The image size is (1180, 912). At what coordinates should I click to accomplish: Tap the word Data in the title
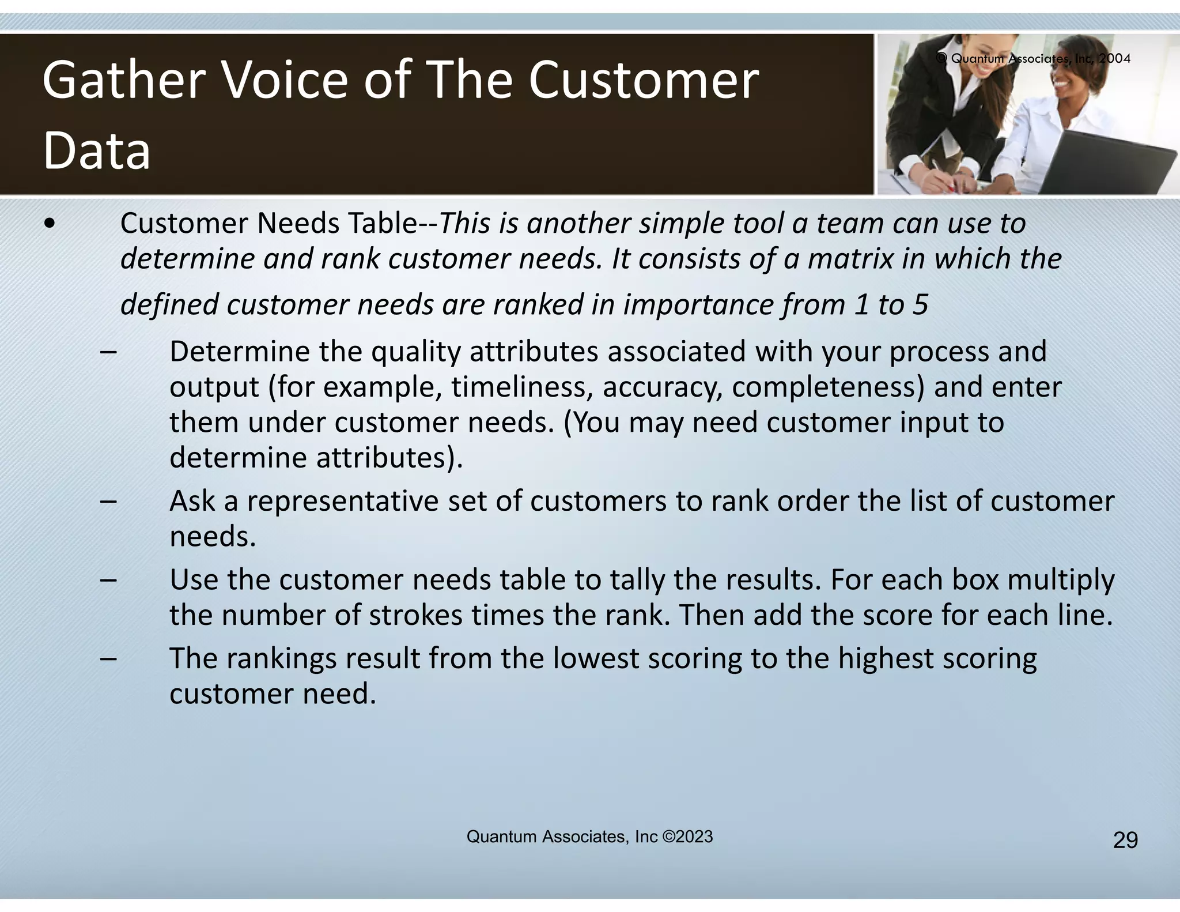(97, 150)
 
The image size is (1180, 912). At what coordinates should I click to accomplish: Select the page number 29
(1125, 841)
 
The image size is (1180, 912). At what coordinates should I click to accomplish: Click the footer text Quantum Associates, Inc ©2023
(589, 836)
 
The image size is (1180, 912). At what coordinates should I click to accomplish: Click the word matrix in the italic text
(850, 258)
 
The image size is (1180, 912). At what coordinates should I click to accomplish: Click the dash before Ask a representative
(108, 501)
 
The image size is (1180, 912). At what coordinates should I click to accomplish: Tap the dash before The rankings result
(108, 658)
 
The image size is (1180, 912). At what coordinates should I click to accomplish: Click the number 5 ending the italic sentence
(920, 304)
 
